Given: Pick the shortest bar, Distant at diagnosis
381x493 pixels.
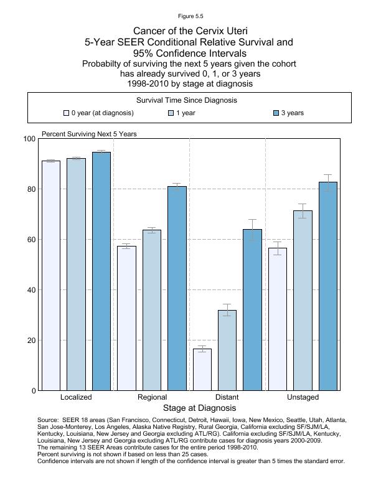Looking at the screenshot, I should [202, 370].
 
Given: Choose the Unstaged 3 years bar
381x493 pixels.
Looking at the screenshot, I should [328, 286].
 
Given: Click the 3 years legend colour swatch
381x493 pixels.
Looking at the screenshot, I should [276, 113].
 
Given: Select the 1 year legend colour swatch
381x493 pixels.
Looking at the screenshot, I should [171, 113].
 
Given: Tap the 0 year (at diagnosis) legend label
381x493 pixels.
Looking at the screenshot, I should [102, 113].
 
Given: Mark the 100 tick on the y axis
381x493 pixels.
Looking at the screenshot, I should [29, 139].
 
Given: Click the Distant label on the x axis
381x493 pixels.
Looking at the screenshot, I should [227, 397].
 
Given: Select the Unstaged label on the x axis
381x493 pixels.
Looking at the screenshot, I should [303, 397].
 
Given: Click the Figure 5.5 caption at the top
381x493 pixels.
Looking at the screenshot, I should [190, 16].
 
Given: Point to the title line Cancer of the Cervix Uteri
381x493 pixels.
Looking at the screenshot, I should [190, 31].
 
